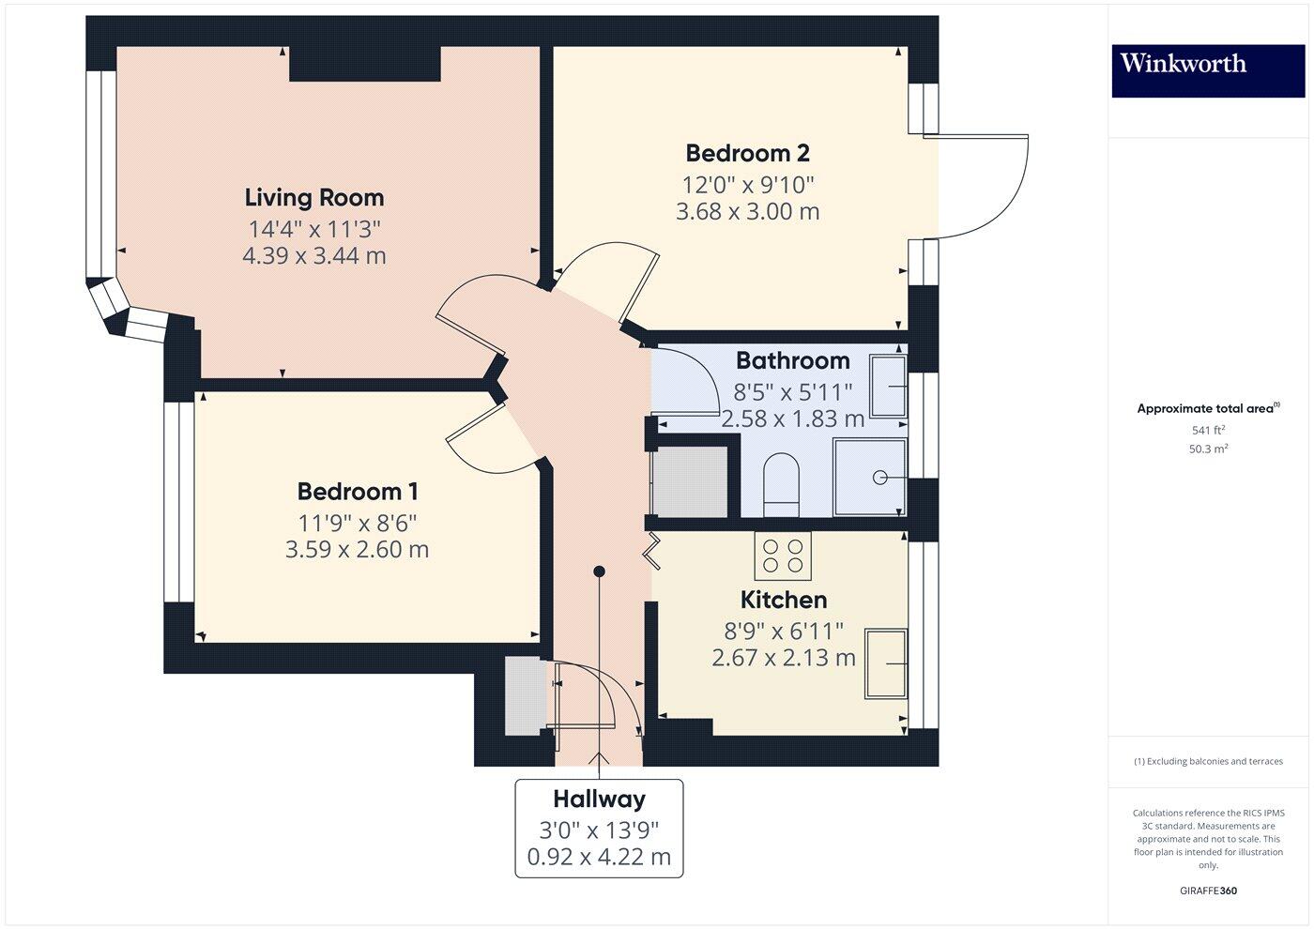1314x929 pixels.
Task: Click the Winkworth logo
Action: click(1183, 64)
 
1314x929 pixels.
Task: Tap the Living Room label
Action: click(314, 197)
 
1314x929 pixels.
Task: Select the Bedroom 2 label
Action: click(747, 152)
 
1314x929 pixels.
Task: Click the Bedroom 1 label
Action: click(358, 491)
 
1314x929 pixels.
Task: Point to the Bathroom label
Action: click(792, 360)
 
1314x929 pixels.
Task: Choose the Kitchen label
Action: click(784, 600)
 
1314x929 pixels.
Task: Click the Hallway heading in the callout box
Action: click(599, 800)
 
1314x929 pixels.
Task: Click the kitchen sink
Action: click(886, 664)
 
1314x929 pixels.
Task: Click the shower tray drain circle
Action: click(880, 478)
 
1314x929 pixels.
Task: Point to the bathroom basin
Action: click(888, 386)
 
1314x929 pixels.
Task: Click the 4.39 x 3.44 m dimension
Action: click(314, 255)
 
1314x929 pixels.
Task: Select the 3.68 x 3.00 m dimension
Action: click(747, 211)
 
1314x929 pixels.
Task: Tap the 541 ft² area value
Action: click(1208, 430)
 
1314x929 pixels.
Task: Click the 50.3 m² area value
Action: click(1208, 449)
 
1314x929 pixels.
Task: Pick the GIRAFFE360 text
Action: click(1208, 891)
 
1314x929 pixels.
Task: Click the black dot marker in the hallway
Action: click(599, 571)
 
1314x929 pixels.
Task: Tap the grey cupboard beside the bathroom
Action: click(690, 481)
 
